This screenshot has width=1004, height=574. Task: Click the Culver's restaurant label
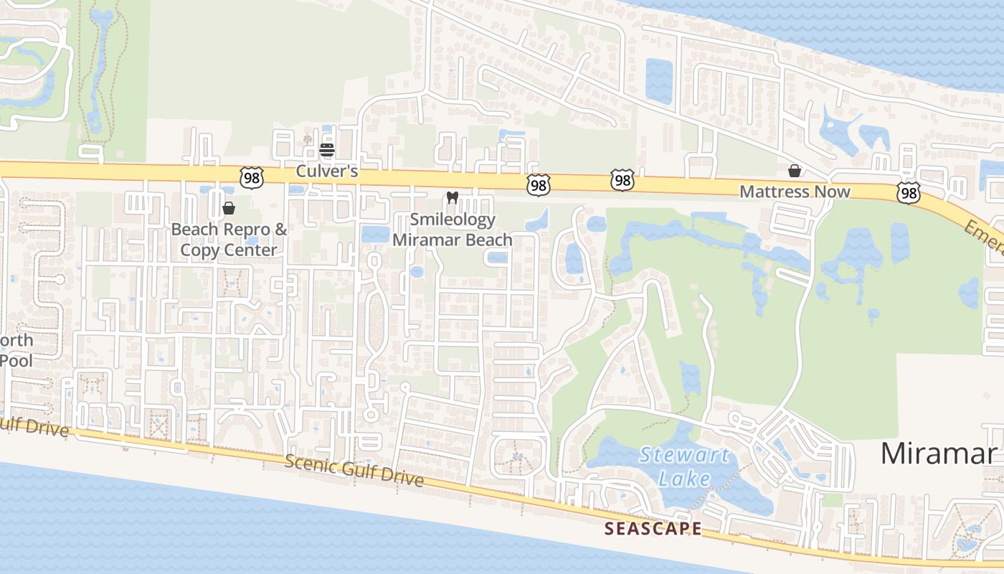326,173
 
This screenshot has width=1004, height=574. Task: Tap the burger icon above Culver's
327,150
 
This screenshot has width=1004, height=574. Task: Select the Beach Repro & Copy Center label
229,240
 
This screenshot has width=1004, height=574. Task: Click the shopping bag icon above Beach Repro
229,209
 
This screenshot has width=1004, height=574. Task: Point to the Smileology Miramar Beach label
452,230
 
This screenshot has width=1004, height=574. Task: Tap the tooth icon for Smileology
452,198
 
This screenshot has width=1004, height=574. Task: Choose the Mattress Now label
795,192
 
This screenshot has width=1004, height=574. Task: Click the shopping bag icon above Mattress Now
795,171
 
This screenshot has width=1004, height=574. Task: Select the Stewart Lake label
685,466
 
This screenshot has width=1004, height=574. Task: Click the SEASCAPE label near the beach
653,529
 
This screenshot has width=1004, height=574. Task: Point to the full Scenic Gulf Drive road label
354,471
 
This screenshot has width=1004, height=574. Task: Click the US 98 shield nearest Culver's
252,177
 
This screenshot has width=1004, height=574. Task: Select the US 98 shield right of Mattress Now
908,192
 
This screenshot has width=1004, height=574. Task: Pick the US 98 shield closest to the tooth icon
538,184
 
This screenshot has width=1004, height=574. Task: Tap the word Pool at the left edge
16,359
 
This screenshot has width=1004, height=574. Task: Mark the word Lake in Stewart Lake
685,479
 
